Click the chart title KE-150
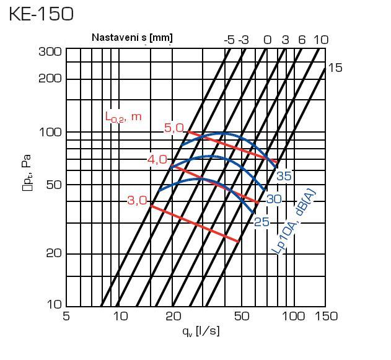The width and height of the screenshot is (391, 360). click(x=42, y=14)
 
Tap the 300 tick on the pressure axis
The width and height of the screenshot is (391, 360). click(x=50, y=51)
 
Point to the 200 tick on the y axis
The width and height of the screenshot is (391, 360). click(x=50, y=79)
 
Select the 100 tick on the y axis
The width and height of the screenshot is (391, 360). click(x=50, y=132)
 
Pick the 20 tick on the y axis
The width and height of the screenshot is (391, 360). click(x=52, y=253)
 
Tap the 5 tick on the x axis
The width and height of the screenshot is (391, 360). click(x=66, y=316)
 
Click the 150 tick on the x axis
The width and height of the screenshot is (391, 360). click(x=325, y=316)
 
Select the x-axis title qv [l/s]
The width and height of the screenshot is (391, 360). click(x=201, y=331)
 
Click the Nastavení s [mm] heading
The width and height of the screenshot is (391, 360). click(x=132, y=38)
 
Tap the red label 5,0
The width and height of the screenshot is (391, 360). click(x=174, y=128)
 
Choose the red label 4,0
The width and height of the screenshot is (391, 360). click(x=157, y=160)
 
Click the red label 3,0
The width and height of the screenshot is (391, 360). click(x=137, y=200)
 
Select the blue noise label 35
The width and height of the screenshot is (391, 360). click(x=284, y=176)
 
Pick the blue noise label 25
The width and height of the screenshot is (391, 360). click(x=261, y=222)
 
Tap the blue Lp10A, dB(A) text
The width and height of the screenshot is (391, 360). click(x=294, y=221)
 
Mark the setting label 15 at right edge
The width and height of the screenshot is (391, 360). click(x=335, y=68)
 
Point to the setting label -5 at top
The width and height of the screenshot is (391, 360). click(x=229, y=40)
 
